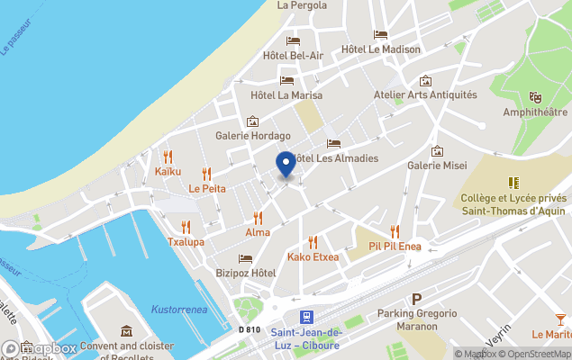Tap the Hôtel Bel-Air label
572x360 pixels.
coord(293,56)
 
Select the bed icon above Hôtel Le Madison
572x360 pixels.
coord(380,35)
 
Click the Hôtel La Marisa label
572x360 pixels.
coord(286,95)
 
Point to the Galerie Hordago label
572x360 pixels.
coord(253,137)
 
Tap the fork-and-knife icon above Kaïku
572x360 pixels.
coord(168,156)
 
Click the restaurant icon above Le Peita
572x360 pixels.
coord(206,174)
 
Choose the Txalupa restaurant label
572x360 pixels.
coord(186,242)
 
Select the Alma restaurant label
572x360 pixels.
coord(258,233)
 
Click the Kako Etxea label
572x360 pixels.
coord(313,257)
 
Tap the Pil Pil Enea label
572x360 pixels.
coord(395,246)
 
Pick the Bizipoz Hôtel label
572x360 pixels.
coord(245,273)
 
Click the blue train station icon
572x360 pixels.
coord(306,317)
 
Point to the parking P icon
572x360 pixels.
coord(416,299)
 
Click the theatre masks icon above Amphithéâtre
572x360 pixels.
coord(535,97)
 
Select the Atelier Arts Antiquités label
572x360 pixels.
coord(425,94)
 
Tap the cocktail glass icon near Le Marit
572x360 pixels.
coord(561,319)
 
